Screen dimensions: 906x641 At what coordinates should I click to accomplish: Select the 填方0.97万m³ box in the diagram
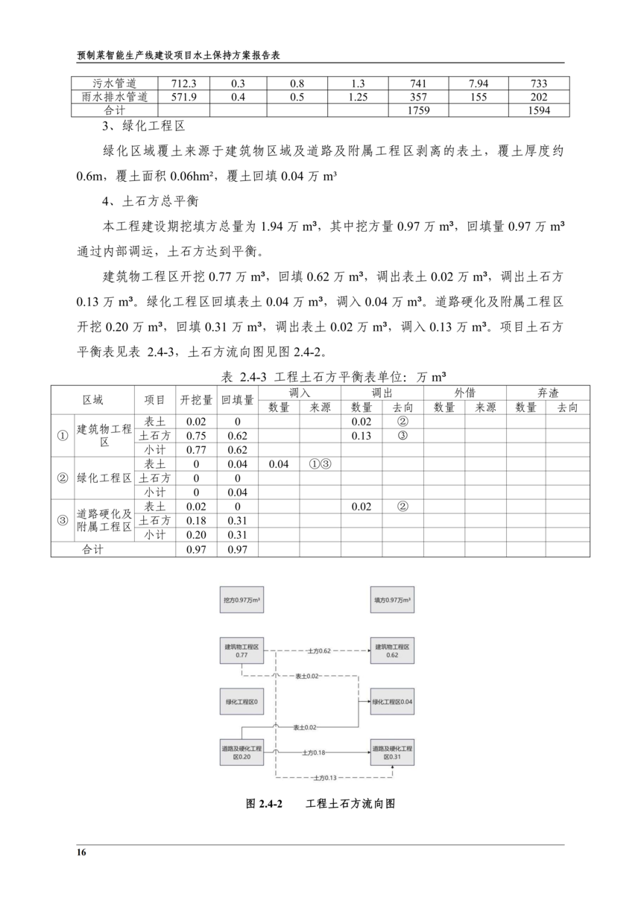tap(392, 600)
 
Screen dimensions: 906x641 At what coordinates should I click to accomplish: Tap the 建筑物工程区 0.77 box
tap(241, 650)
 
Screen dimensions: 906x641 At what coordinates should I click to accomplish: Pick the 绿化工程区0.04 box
tap(392, 702)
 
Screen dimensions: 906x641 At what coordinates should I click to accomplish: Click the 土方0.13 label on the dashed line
tap(325, 778)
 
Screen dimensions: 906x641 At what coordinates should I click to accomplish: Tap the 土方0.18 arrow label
tap(315, 753)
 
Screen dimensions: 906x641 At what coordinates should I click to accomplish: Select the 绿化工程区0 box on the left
tap(241, 702)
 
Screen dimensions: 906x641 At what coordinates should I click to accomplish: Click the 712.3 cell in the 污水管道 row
tap(183, 83)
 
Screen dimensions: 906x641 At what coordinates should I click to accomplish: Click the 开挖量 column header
tap(196, 399)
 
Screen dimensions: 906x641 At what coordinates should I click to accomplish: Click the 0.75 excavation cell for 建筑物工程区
tap(196, 436)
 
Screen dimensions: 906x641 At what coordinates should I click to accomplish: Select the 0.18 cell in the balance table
tap(196, 520)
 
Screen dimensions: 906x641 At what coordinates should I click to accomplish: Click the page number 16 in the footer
tap(81, 852)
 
